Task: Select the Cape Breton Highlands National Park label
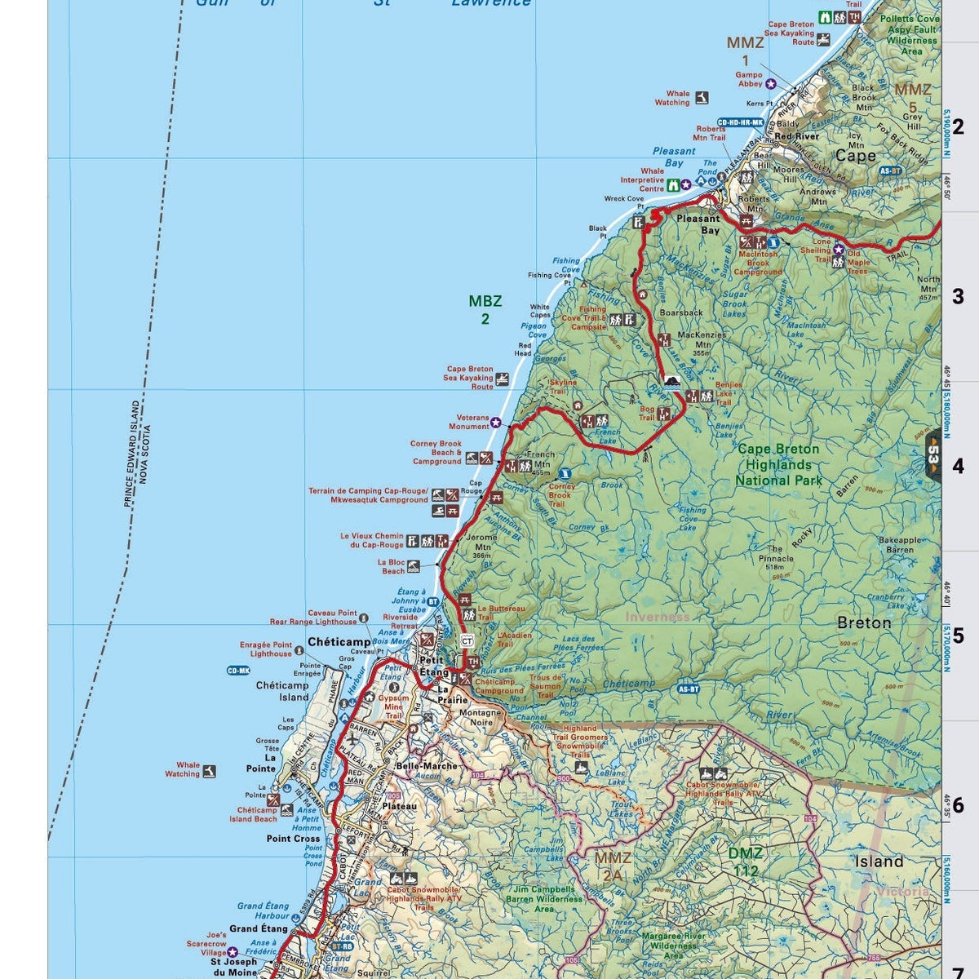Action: pos(778,464)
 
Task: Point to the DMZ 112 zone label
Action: pos(746,862)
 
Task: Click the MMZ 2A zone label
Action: pos(612,866)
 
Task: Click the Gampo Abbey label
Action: pos(748,79)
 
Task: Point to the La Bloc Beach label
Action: pos(391,566)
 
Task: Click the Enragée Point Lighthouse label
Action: pos(265,649)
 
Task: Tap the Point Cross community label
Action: pos(294,839)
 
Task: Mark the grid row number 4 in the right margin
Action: pos(958,467)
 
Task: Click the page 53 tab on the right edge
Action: pos(934,454)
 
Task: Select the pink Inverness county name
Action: pos(658,617)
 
